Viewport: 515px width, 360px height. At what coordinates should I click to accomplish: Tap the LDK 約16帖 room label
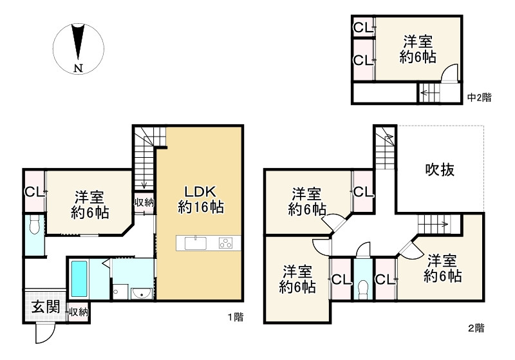(200, 200)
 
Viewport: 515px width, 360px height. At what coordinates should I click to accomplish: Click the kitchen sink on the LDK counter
(194, 243)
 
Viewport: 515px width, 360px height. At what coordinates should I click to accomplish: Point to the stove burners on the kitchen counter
(226, 243)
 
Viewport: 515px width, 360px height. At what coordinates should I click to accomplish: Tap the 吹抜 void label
(440, 170)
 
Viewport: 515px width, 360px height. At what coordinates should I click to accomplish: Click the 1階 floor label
(235, 316)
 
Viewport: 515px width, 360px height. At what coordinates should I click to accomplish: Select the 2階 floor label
(476, 328)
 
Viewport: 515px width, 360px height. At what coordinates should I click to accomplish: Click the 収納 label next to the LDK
(144, 202)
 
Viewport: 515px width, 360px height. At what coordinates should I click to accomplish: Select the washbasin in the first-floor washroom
(140, 294)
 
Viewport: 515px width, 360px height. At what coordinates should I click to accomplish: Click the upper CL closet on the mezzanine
(362, 28)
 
